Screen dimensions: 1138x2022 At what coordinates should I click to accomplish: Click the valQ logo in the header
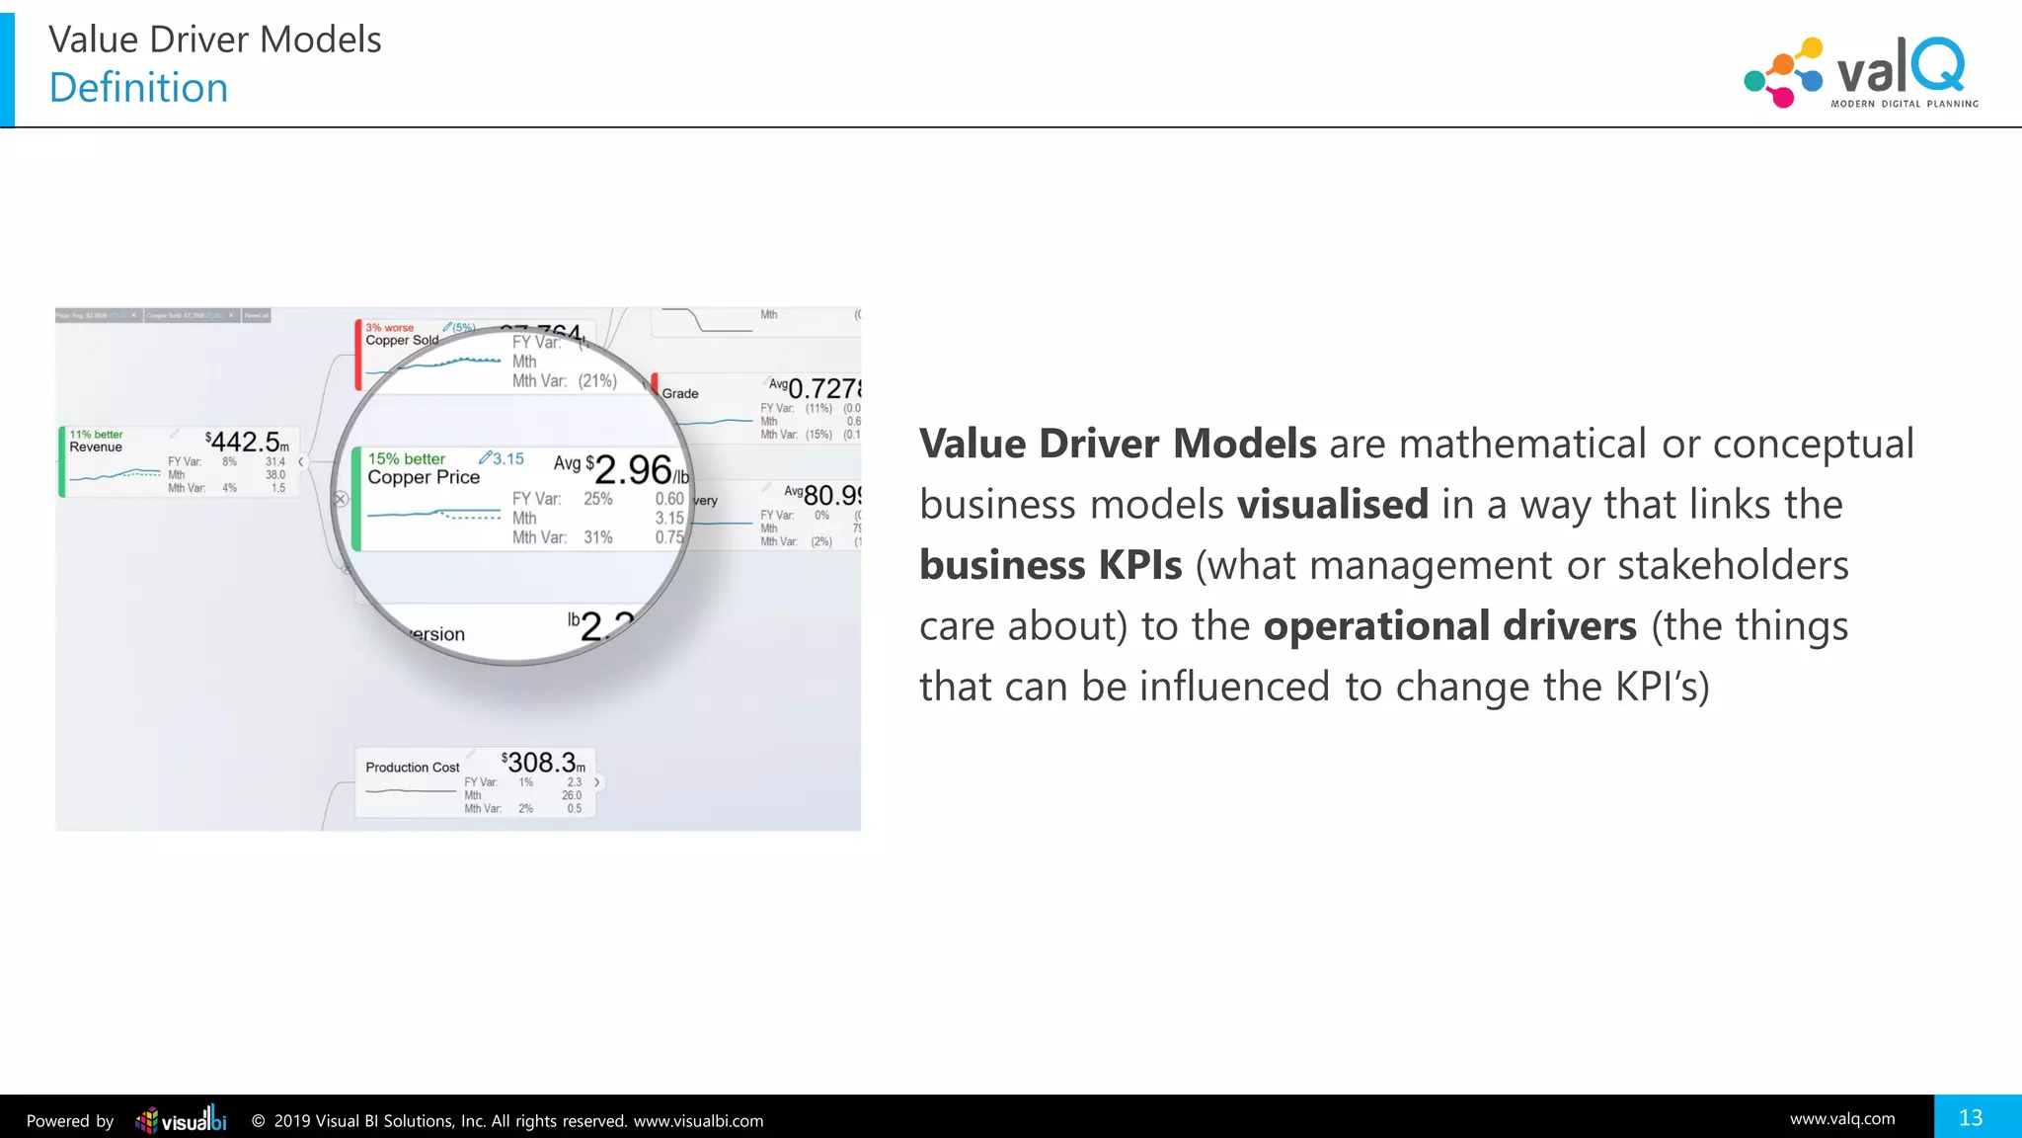[1861, 72]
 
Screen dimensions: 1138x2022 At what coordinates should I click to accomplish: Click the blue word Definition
[138, 88]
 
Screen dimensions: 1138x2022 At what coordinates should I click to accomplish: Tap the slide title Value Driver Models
[214, 40]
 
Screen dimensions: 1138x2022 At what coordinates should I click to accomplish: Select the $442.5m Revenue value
[248, 442]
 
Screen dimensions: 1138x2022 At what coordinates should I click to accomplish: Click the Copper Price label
[424, 477]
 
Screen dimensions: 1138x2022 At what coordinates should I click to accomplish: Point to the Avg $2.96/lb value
[622, 469]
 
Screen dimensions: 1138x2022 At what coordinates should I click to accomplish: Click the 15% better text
[406, 458]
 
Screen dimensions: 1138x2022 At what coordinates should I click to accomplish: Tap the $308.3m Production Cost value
[543, 763]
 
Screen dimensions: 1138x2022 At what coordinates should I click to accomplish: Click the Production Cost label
[412, 768]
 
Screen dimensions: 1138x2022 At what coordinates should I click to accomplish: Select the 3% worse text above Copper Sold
[389, 328]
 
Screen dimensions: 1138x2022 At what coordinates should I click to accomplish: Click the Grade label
[680, 393]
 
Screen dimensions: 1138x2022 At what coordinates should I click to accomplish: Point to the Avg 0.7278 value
[816, 388]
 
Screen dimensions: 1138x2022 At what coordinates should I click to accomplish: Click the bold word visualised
[1332, 505]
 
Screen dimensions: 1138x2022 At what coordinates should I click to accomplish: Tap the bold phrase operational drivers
[1449, 626]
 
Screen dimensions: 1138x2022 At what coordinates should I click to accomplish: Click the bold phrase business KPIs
[1050, 565]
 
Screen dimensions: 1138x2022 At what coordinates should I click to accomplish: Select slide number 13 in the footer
[1971, 1117]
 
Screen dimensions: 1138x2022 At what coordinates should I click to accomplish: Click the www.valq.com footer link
[1842, 1119]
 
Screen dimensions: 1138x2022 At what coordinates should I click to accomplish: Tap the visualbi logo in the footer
[181, 1119]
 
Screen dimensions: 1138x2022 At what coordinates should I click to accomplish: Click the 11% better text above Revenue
[96, 434]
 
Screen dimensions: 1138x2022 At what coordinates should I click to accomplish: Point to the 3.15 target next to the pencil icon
[508, 458]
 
